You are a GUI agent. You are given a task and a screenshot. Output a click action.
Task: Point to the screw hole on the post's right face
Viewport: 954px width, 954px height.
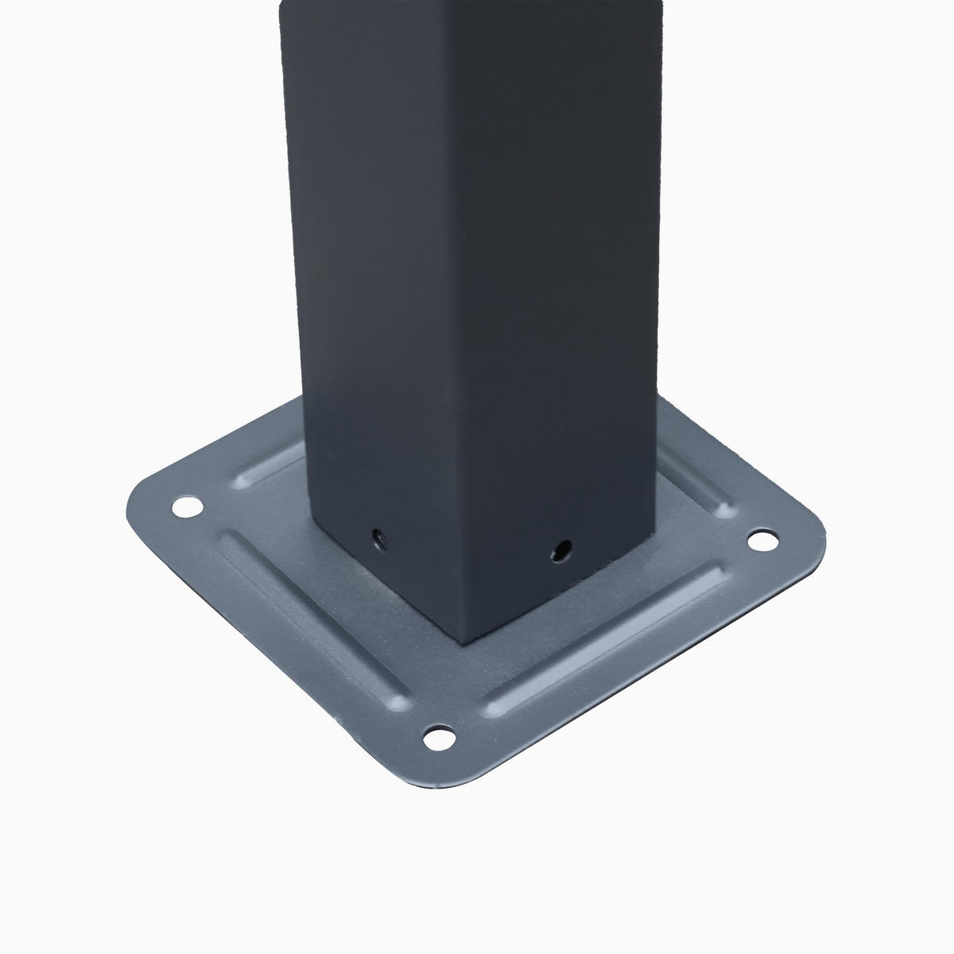(x=563, y=549)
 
